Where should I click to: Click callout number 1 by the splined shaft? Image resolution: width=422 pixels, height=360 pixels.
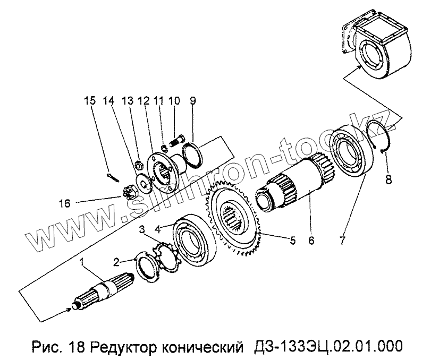(x=82, y=261)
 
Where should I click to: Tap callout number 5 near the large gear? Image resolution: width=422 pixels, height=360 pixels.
(x=292, y=240)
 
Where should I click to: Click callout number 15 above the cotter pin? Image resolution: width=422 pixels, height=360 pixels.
(x=89, y=99)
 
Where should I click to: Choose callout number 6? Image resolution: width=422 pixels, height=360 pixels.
(x=311, y=240)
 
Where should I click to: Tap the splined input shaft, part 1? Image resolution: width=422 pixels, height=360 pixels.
(x=104, y=292)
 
